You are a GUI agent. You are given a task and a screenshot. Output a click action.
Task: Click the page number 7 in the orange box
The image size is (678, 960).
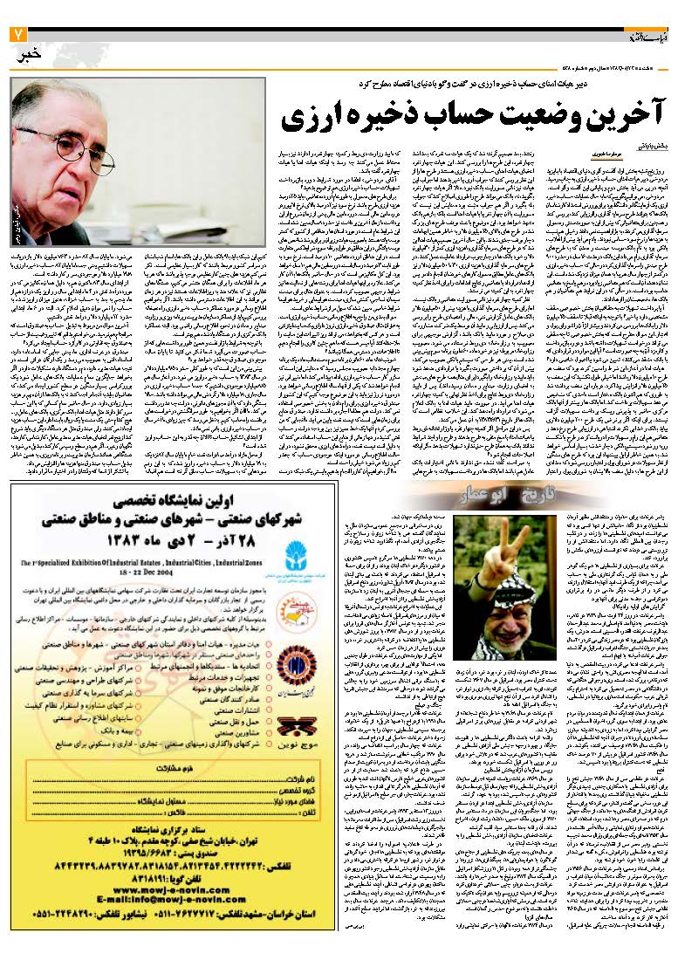(17, 35)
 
